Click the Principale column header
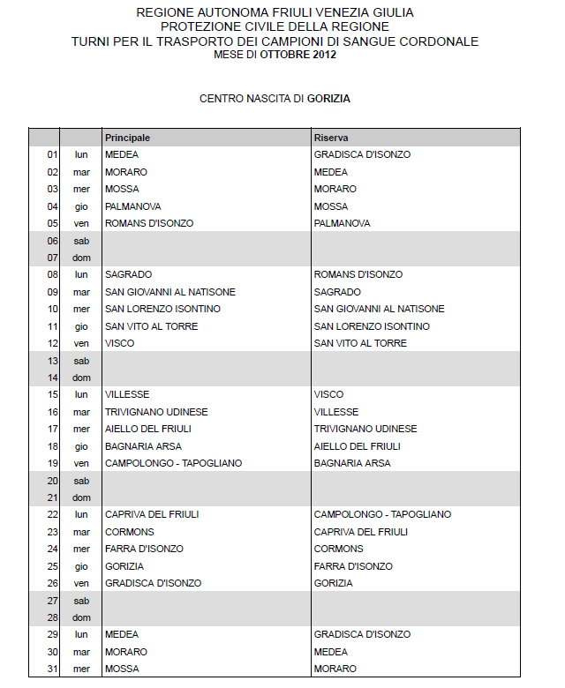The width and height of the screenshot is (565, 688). pyautogui.click(x=127, y=138)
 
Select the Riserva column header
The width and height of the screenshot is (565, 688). pyautogui.click(x=330, y=138)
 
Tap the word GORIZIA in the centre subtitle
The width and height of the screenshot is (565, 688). pyautogui.click(x=328, y=99)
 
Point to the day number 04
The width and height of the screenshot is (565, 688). pyautogui.click(x=52, y=206)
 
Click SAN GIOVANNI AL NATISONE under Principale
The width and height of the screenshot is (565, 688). pyautogui.click(x=170, y=292)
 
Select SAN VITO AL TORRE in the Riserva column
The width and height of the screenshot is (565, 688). pyautogui.click(x=360, y=343)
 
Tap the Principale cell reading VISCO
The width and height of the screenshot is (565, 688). pyautogui.click(x=119, y=343)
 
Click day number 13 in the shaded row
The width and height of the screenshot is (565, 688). pyautogui.click(x=52, y=361)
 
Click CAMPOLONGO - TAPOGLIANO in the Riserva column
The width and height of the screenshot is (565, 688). pyautogui.click(x=382, y=514)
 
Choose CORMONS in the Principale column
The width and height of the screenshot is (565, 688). pyautogui.click(x=129, y=532)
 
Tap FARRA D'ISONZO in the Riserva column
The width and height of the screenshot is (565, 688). pyautogui.click(x=353, y=566)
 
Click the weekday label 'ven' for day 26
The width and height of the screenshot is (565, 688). pyautogui.click(x=82, y=583)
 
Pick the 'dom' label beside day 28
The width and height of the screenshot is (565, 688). pyautogui.click(x=82, y=617)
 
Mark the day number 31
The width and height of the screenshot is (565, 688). pyautogui.click(x=52, y=669)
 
